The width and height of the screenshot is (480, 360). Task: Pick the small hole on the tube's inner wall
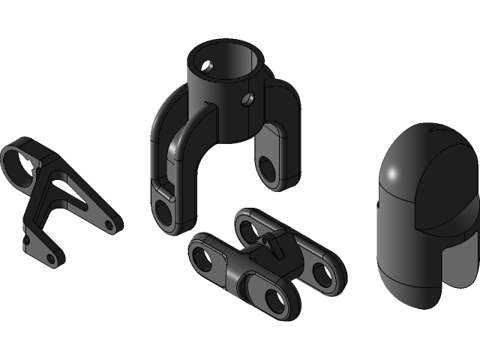tap(210, 67)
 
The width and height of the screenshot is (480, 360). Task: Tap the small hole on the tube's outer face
tap(247, 99)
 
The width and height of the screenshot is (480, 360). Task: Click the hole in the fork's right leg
tap(266, 166)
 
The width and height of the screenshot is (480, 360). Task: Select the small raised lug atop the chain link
tap(271, 241)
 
